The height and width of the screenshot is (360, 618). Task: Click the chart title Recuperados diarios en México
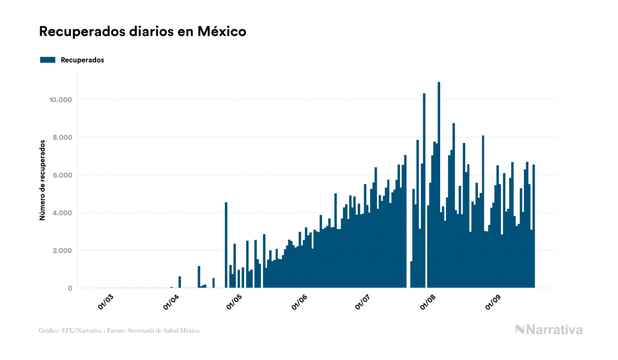point(143,32)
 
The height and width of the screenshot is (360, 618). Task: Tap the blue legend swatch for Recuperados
point(48,60)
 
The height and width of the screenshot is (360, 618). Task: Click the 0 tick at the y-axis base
point(69,288)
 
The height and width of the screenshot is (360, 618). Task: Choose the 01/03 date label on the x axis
point(106,302)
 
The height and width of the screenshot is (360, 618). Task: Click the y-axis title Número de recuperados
point(42,180)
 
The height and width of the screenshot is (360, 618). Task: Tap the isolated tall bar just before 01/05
point(226,245)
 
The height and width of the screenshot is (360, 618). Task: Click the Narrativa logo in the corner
point(549,330)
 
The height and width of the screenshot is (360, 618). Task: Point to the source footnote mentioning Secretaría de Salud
point(119,331)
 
